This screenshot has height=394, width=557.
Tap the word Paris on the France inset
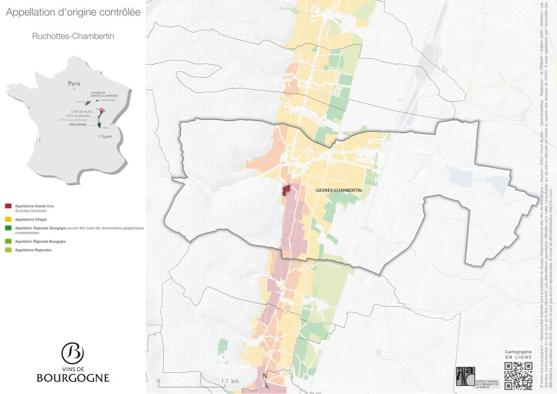pos(74,84)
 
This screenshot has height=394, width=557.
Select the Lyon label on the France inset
pos(107,136)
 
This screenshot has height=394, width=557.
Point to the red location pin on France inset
pos(100,111)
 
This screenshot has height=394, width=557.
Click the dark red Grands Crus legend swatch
pos(8,207)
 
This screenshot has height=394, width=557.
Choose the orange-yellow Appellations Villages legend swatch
pos(8,219)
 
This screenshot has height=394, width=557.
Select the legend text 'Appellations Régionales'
pos(33,250)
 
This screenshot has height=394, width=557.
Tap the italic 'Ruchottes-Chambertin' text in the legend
pos(30,210)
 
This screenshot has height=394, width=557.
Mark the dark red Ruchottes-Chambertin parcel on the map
pos(285,190)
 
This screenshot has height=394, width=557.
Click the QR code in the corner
pos(518,376)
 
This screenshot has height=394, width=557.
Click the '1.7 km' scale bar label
pos(231,381)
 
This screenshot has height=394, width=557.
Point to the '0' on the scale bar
pos(158,381)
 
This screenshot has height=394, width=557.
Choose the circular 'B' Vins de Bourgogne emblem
pos(72,354)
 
